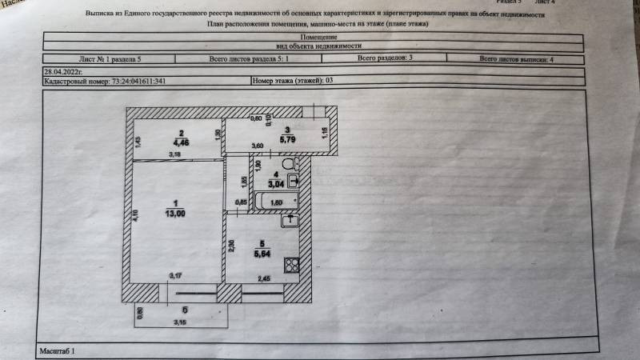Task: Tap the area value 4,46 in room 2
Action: tap(183, 142)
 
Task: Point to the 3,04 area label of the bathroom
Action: tap(275, 184)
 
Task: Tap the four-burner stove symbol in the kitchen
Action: tap(293, 267)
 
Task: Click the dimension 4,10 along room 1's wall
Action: tap(137, 214)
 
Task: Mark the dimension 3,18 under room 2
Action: tap(173, 154)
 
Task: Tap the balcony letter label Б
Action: tap(185, 310)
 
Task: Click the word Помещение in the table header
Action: tap(318, 38)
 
